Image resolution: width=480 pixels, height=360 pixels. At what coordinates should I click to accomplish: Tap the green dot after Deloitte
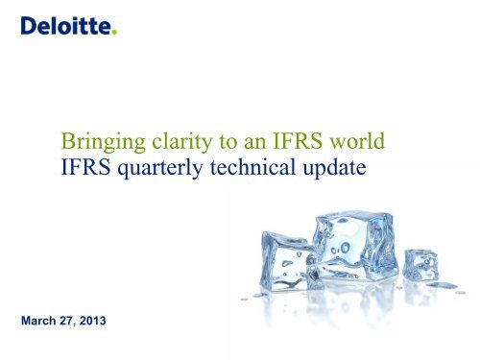pyautogui.click(x=114, y=34)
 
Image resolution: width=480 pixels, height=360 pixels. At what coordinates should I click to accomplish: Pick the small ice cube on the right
pyautogui.click(x=420, y=264)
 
